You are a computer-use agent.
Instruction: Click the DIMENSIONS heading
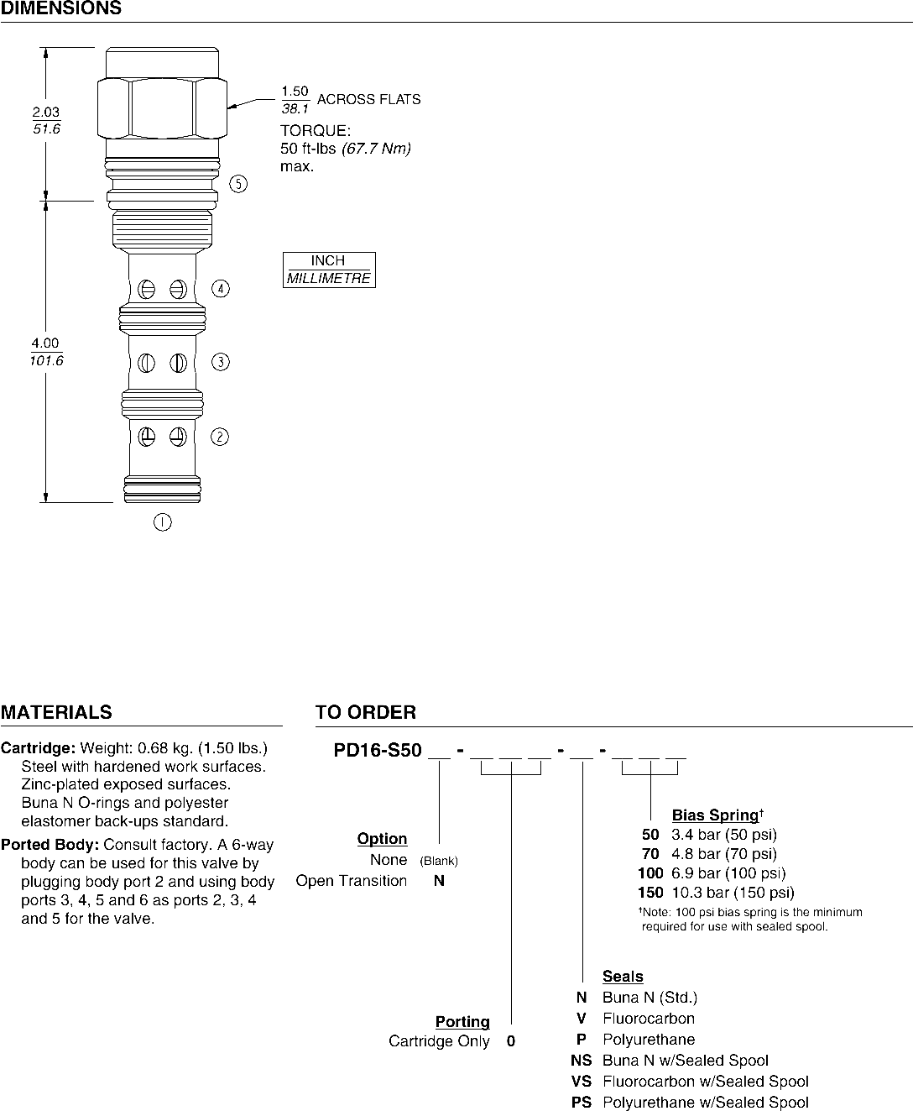coord(61,9)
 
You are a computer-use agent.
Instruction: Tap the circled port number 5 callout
coord(239,184)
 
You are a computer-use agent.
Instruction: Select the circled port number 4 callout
coord(220,289)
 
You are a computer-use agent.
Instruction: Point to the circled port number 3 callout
coord(220,362)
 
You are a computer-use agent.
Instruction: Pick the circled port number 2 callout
coord(220,437)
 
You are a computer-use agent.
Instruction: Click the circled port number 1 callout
coord(162,522)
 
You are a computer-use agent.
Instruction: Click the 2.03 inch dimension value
coord(46,112)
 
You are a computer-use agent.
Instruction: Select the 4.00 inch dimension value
coord(46,343)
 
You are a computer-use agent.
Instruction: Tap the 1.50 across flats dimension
coord(295,92)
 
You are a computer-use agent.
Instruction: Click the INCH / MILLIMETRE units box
coord(328,270)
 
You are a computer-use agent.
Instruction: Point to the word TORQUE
coord(315,132)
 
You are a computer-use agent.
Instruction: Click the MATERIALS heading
coord(56,713)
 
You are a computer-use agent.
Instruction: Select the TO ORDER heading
coord(365,713)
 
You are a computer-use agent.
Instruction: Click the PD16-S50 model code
coord(377,751)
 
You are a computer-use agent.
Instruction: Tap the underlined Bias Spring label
coord(715,815)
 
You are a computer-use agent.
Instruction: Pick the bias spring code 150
coord(650,893)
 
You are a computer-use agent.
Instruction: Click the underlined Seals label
coord(623,977)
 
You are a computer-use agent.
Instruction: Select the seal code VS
coord(581,1082)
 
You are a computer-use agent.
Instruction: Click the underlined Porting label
coord(462,1022)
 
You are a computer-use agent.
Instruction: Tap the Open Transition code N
coord(439,881)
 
